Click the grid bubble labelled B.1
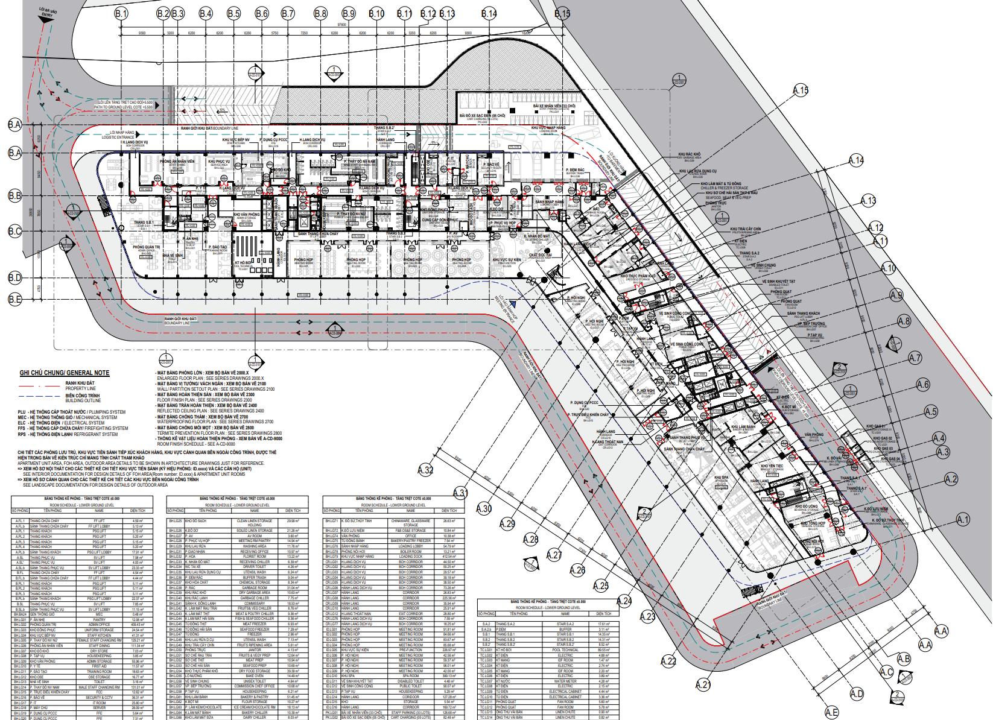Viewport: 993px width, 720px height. click(122, 13)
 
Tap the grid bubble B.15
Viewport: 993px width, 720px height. click(562, 13)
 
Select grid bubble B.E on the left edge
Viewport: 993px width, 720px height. click(15, 298)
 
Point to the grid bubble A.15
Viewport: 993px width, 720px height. click(800, 91)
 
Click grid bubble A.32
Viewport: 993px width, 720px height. click(427, 470)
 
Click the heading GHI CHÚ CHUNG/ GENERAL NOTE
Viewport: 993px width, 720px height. click(65, 373)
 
